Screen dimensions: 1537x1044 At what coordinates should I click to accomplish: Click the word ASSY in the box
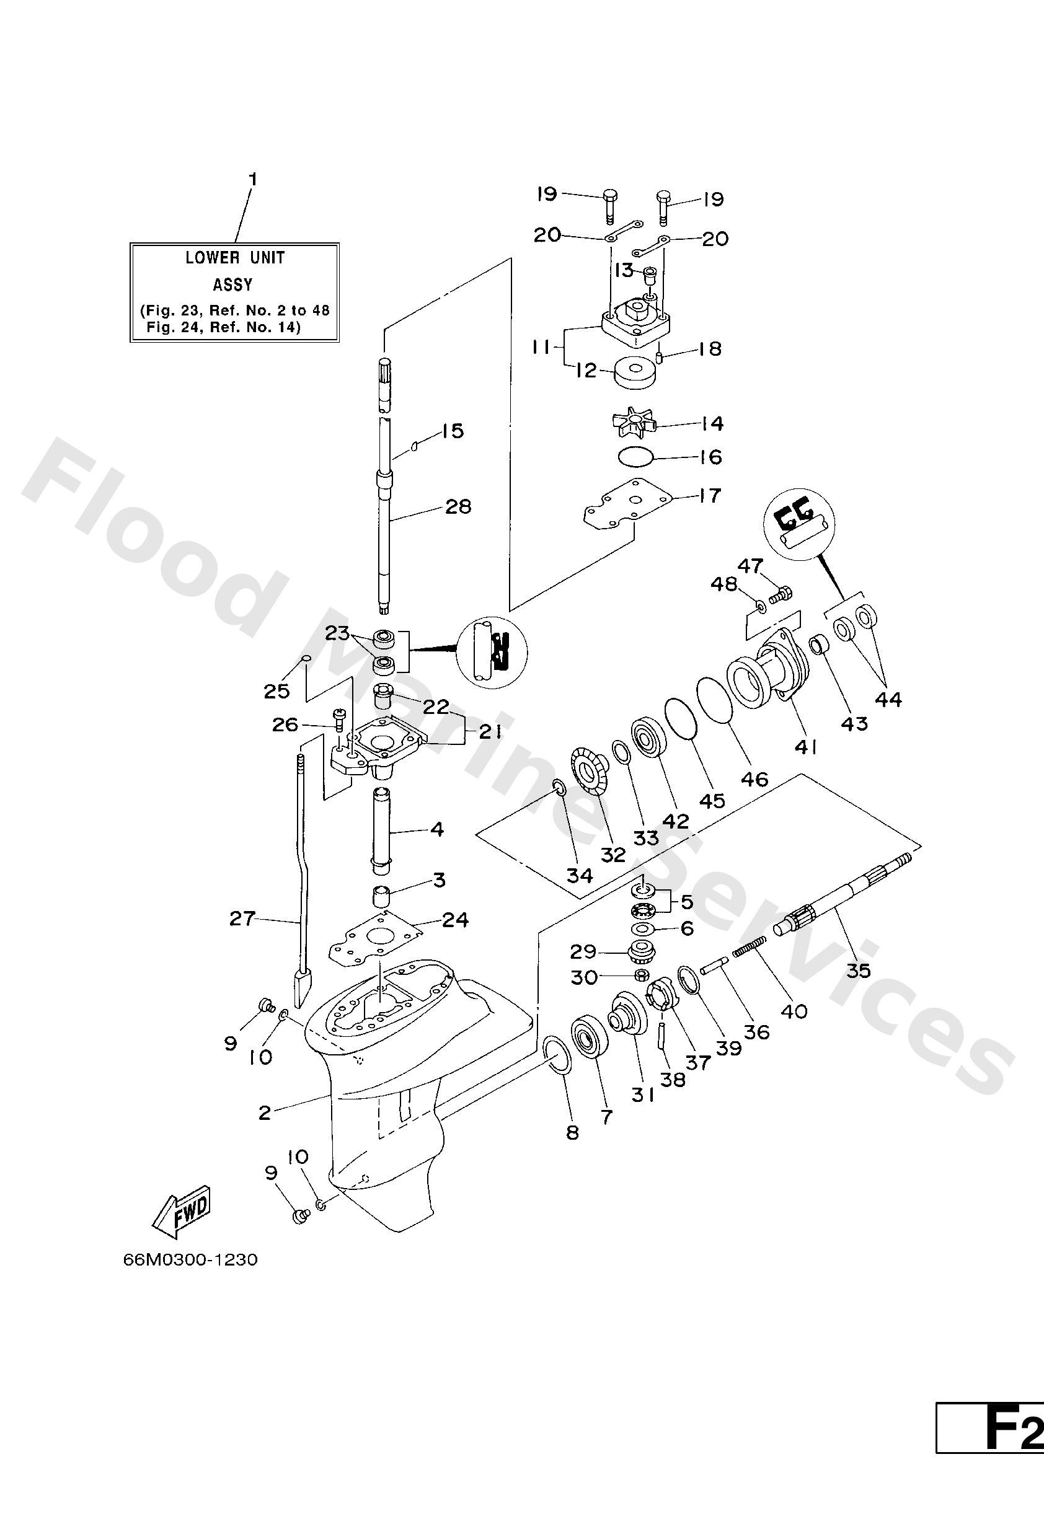[232, 285]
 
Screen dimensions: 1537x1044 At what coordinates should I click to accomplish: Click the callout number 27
[242, 918]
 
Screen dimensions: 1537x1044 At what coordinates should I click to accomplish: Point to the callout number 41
[805, 747]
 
